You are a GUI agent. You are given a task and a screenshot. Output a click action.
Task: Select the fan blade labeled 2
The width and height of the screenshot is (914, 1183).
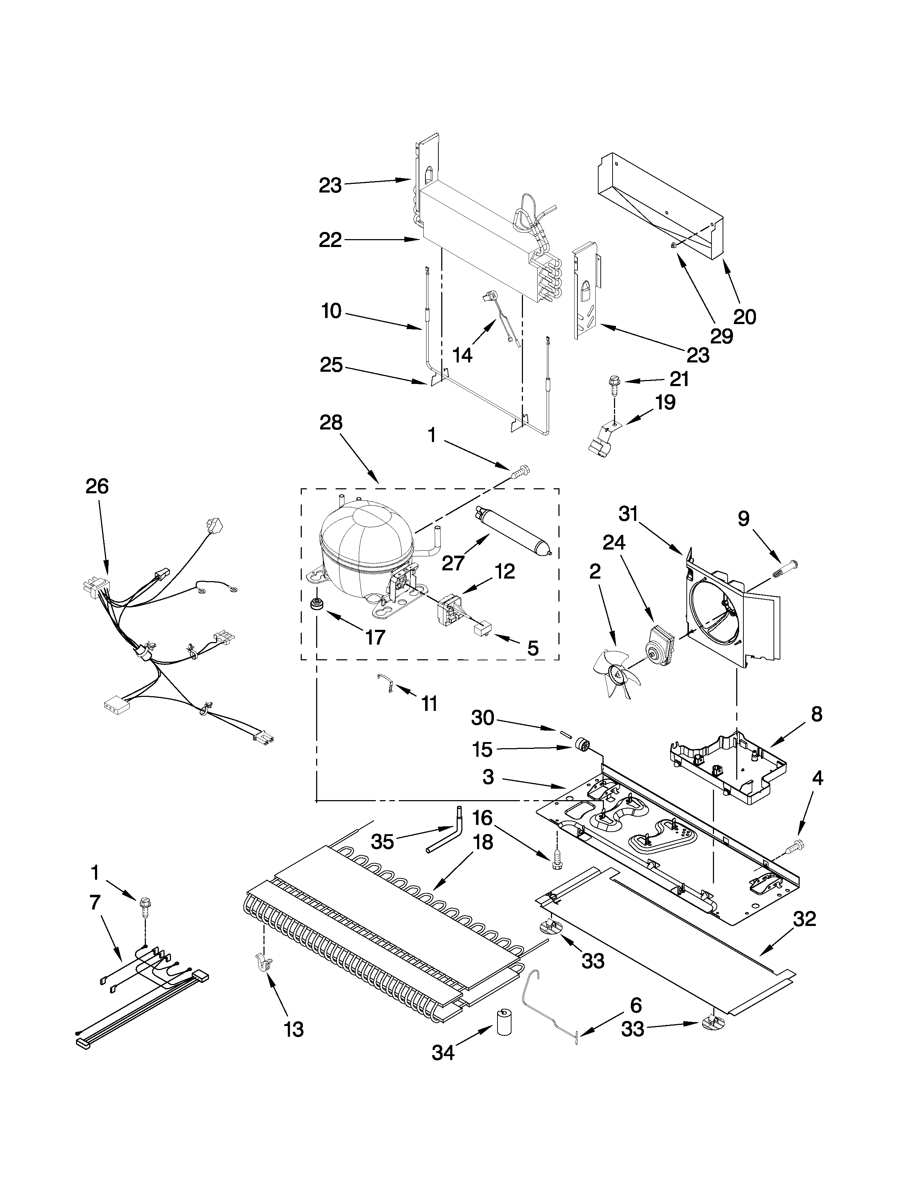pyautogui.click(x=616, y=673)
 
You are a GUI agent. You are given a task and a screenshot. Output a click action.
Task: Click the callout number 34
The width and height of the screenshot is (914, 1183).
pyautogui.click(x=443, y=1053)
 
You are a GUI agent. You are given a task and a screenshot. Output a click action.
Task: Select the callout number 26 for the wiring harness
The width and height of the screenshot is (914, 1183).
pyautogui.click(x=97, y=486)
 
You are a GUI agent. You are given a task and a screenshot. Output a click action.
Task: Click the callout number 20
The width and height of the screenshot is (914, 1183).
pyautogui.click(x=744, y=316)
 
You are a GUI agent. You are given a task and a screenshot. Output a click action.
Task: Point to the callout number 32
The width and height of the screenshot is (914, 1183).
pyautogui.click(x=804, y=919)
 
